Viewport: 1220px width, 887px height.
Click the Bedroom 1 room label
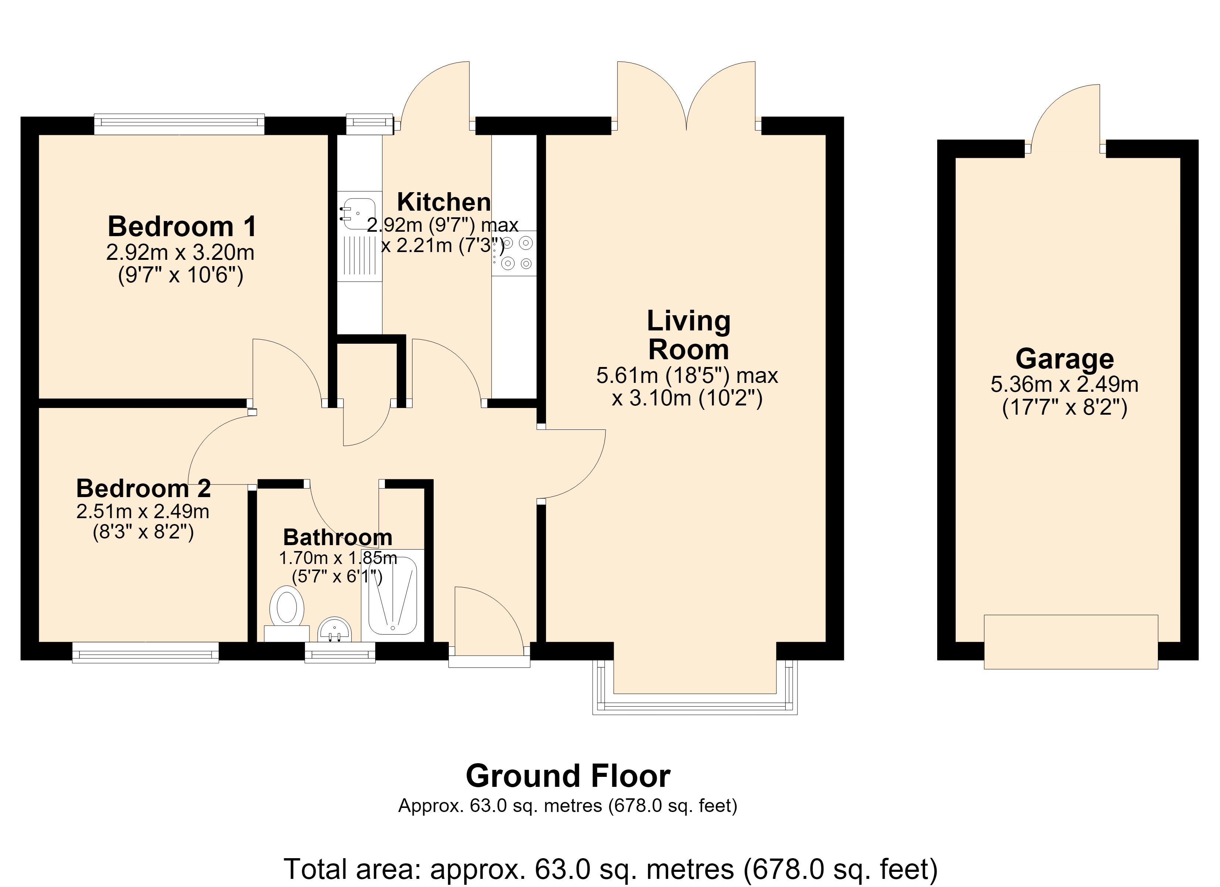pyautogui.click(x=182, y=227)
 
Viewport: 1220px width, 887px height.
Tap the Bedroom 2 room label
pyautogui.click(x=143, y=489)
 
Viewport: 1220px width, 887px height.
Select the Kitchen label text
pyautogui.click(x=444, y=202)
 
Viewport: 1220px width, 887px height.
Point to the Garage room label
pyautogui.click(x=1064, y=359)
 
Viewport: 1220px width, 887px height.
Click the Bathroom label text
pyautogui.click(x=338, y=537)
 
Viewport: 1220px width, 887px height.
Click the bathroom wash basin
pyautogui.click(x=335, y=629)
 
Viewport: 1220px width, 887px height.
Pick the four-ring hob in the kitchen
pyautogui.click(x=514, y=254)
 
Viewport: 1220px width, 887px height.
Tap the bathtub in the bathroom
pyautogui.click(x=392, y=595)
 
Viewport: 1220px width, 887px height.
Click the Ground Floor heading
pyautogui.click(x=568, y=776)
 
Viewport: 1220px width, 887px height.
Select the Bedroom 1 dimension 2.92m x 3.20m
pyautogui.click(x=180, y=252)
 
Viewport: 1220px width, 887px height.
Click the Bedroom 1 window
pyautogui.click(x=179, y=124)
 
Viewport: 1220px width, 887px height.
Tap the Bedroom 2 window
pyautogui.click(x=145, y=652)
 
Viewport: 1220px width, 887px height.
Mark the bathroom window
pyautogui.click(x=340, y=652)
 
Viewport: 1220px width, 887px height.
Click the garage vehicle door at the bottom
pyautogui.click(x=1071, y=642)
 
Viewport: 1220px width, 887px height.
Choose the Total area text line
pyautogui.click(x=610, y=869)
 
